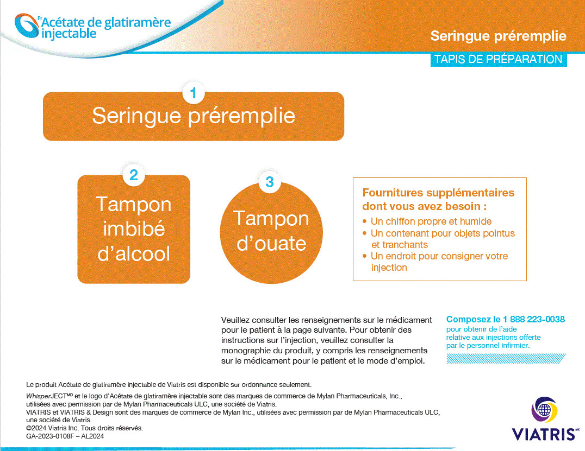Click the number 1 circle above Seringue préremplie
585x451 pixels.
(x=193, y=93)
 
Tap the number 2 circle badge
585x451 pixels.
(x=134, y=175)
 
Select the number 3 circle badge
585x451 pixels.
(x=270, y=182)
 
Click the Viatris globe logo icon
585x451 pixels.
(x=544, y=410)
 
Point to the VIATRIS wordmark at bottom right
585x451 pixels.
(x=543, y=434)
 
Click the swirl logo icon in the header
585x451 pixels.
(x=27, y=27)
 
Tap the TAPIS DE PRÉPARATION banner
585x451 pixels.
(x=498, y=59)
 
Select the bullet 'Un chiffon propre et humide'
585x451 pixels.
(x=431, y=221)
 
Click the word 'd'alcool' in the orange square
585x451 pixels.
(x=134, y=254)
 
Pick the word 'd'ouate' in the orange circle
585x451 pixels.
(x=272, y=244)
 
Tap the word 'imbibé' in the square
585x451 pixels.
(x=134, y=229)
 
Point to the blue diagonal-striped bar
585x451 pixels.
(x=506, y=359)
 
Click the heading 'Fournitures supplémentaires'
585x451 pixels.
(x=438, y=193)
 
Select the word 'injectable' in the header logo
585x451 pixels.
(x=69, y=34)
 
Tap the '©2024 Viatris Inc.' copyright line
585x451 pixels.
(x=84, y=428)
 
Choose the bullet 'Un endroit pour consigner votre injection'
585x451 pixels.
(x=439, y=262)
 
